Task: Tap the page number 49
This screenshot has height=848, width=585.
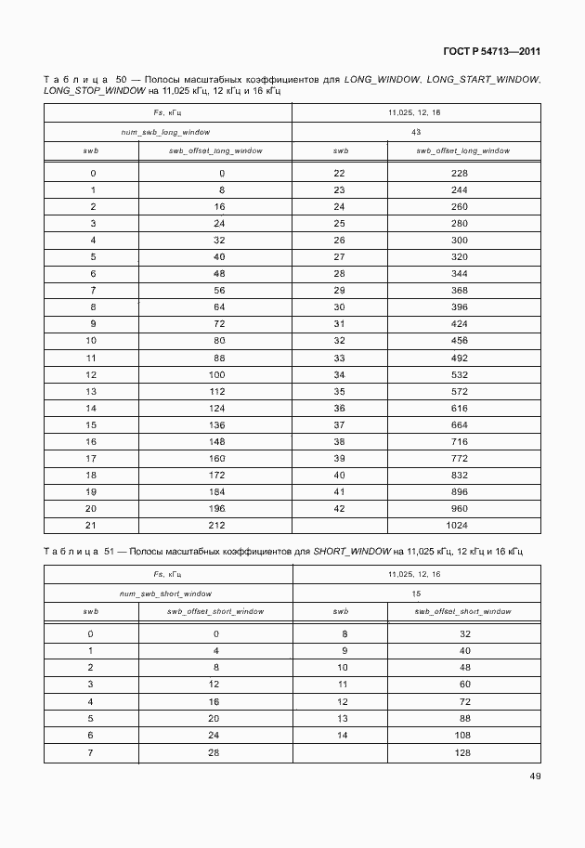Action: point(534,776)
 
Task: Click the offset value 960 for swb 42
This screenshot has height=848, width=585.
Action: point(460,508)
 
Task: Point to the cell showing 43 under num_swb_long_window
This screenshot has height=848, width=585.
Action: point(417,132)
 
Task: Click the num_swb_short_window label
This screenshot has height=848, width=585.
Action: point(167,594)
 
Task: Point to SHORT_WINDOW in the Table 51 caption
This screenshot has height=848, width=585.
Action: point(352,552)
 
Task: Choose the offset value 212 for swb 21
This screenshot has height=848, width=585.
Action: point(217,526)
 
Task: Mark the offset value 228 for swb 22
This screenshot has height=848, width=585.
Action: point(460,174)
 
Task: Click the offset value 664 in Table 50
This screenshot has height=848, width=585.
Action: point(460,424)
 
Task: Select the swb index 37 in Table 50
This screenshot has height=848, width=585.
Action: point(339,424)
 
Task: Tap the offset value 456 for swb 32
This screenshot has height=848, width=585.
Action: point(460,341)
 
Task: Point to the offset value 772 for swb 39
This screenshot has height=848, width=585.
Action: point(460,458)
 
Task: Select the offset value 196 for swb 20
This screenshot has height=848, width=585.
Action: point(217,508)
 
